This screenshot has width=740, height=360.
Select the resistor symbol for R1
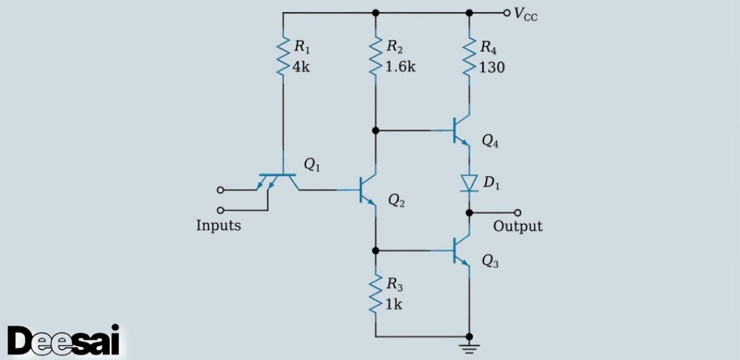pyautogui.click(x=283, y=56)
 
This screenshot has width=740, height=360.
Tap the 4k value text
pyautogui.click(x=301, y=67)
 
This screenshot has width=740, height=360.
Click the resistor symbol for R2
pyautogui.click(x=375, y=56)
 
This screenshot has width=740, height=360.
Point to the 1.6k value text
pyautogui.click(x=400, y=67)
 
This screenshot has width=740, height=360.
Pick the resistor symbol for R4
pyautogui.click(x=469, y=56)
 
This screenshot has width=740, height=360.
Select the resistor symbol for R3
pyautogui.click(x=375, y=293)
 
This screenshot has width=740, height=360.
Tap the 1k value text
pyautogui.click(x=394, y=304)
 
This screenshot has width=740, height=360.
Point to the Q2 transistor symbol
pyautogui.click(x=368, y=190)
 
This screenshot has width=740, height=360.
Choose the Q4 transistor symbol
pyautogui.click(x=460, y=130)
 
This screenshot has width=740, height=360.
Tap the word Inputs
pyautogui.click(x=218, y=226)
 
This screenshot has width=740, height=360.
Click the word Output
pyautogui.click(x=518, y=226)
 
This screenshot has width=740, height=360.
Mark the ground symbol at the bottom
pyautogui.click(x=469, y=347)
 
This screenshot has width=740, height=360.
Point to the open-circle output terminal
pyautogui.click(x=518, y=212)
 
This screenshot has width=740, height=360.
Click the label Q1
pyautogui.click(x=312, y=166)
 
